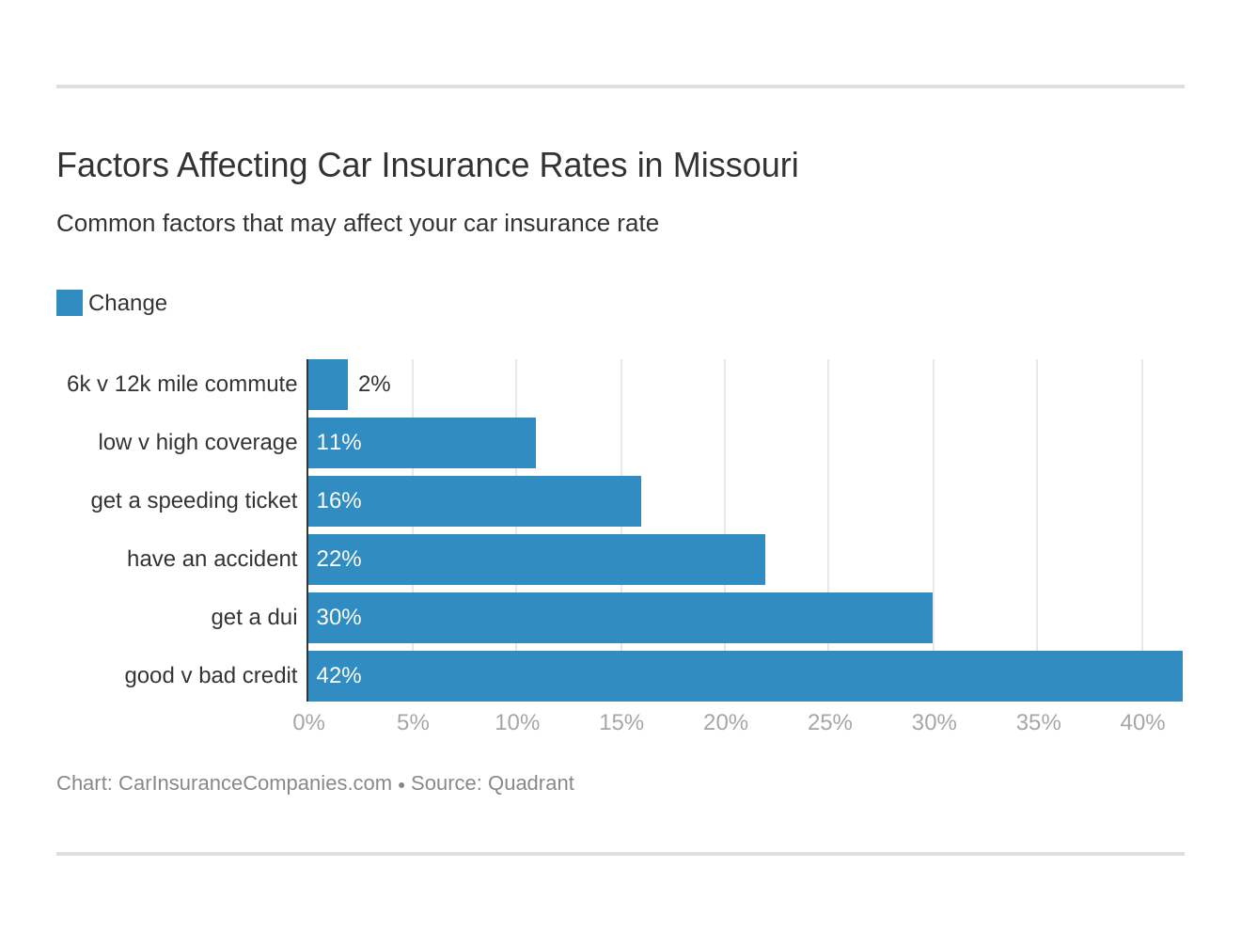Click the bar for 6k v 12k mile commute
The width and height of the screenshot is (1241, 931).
[328, 385]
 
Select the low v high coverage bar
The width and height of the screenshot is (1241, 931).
[422, 443]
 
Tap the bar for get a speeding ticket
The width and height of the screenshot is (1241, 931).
[475, 501]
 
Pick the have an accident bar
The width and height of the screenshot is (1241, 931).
[537, 560]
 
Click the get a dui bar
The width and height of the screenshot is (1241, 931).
[620, 618]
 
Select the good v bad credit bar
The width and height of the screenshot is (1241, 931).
[745, 676]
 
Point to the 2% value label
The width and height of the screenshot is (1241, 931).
[374, 384]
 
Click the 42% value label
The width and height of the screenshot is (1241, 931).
[338, 675]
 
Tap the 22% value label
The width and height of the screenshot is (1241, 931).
[338, 559]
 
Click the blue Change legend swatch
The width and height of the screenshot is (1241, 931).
[70, 303]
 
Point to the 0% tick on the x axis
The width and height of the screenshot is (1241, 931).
[308, 722]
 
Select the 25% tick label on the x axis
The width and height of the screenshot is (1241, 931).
[829, 722]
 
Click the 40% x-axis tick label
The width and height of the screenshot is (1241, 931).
[1142, 722]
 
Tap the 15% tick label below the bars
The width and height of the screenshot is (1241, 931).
[621, 722]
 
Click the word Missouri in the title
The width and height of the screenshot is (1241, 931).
[735, 166]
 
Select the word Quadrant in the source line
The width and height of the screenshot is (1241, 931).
[530, 783]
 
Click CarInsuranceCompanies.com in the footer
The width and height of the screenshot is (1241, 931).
[255, 783]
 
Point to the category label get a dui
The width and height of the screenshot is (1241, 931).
[254, 617]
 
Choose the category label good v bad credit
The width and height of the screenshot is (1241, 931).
[211, 675]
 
